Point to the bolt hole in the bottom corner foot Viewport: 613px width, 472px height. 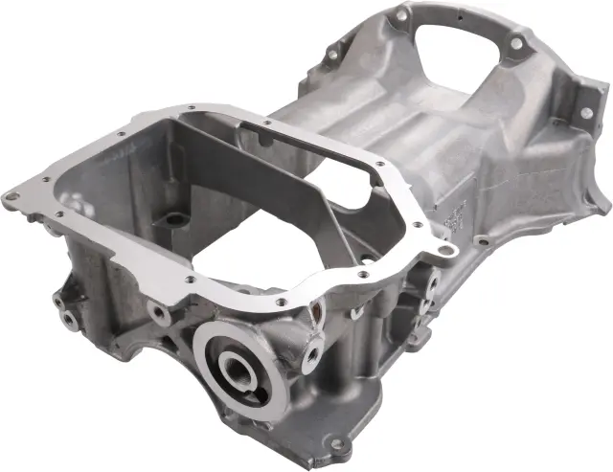click(336, 444)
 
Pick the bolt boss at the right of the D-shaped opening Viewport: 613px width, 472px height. click(516, 44)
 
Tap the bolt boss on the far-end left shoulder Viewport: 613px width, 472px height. click(332, 55)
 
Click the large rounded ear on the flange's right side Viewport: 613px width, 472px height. click(442, 251)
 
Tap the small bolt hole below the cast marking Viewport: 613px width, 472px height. click(482, 240)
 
